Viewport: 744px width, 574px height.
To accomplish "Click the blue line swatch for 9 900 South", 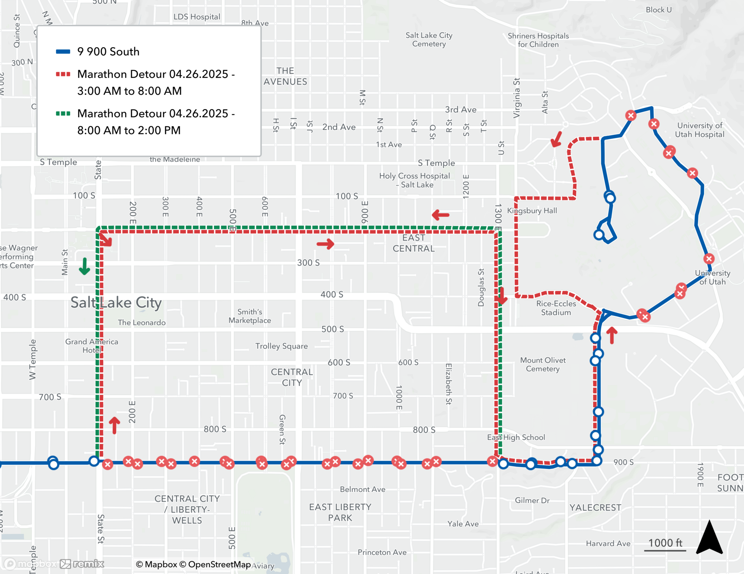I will point(63,52).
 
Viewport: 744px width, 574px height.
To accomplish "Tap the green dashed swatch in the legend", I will point(63,113).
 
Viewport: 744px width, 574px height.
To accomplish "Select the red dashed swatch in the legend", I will point(63,74).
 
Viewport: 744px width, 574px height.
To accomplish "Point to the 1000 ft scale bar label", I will point(665,543).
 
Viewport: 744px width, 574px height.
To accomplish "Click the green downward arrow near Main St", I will point(84,266).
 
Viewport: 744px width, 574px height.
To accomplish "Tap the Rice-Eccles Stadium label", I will point(556,308).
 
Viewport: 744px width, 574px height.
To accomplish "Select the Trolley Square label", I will point(281,346).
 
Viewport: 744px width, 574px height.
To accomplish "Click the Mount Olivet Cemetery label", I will point(543,364).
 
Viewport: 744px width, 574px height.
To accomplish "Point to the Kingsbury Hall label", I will point(532,211).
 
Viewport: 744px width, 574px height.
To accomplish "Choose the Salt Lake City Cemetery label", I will point(429,39).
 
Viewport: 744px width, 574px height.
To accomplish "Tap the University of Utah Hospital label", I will point(699,130).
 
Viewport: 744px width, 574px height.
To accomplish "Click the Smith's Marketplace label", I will point(250,316).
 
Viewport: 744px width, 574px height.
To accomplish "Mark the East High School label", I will point(516,437).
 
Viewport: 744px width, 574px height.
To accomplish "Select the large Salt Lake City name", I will point(116,302).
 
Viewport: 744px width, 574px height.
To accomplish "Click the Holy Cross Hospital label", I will point(414,180).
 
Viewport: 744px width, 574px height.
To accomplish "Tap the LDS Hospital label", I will point(197,17).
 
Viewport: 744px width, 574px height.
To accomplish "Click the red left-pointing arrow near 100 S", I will point(440,215).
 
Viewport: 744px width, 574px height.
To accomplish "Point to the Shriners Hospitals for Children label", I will point(538,40).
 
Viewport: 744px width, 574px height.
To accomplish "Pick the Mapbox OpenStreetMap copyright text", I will point(193,564).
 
